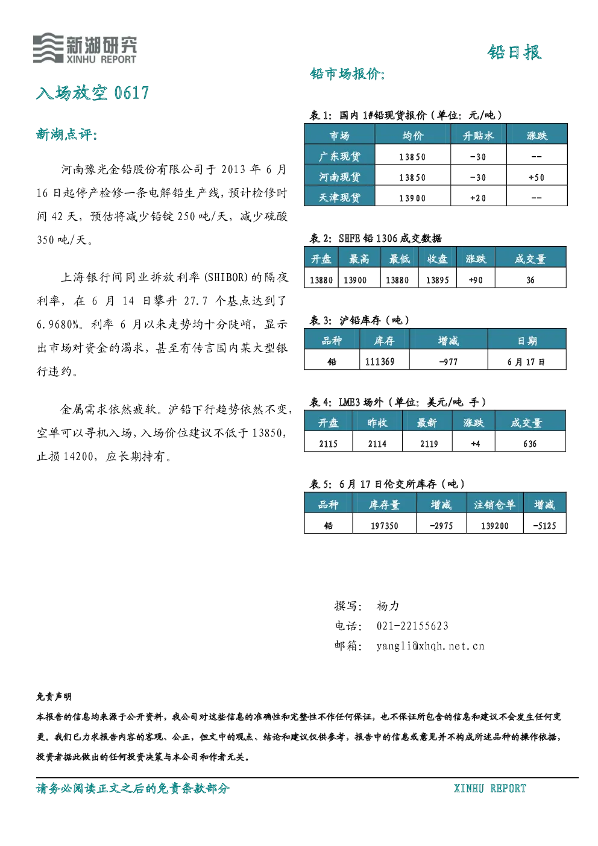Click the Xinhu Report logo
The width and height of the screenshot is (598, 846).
click(x=84, y=48)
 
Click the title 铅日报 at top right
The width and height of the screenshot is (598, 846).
click(x=515, y=52)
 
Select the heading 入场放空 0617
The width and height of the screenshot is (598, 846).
click(x=92, y=93)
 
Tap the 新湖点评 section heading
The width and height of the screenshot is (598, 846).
click(x=67, y=134)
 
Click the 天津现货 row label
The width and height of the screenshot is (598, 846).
click(x=339, y=198)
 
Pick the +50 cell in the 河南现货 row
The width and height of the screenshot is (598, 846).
click(x=536, y=177)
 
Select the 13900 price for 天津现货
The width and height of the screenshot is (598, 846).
click(x=412, y=198)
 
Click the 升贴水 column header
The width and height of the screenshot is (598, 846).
click(x=478, y=136)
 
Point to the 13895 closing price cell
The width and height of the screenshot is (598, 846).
click(x=437, y=280)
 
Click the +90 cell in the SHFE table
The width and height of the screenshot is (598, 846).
click(x=475, y=280)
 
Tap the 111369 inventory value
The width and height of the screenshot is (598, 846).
click(x=379, y=362)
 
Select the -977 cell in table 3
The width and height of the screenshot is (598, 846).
click(x=448, y=362)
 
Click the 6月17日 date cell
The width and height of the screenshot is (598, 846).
click(x=526, y=362)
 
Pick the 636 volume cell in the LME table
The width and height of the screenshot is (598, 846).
click(x=530, y=444)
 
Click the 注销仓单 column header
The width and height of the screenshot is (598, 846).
click(x=494, y=505)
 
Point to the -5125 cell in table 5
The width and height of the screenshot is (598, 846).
click(x=544, y=526)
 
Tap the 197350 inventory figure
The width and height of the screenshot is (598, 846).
click(x=385, y=526)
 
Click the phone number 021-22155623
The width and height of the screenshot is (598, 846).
click(x=412, y=626)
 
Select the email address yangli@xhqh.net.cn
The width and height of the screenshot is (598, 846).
click(x=430, y=646)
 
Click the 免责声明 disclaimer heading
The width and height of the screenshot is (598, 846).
click(x=54, y=697)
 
